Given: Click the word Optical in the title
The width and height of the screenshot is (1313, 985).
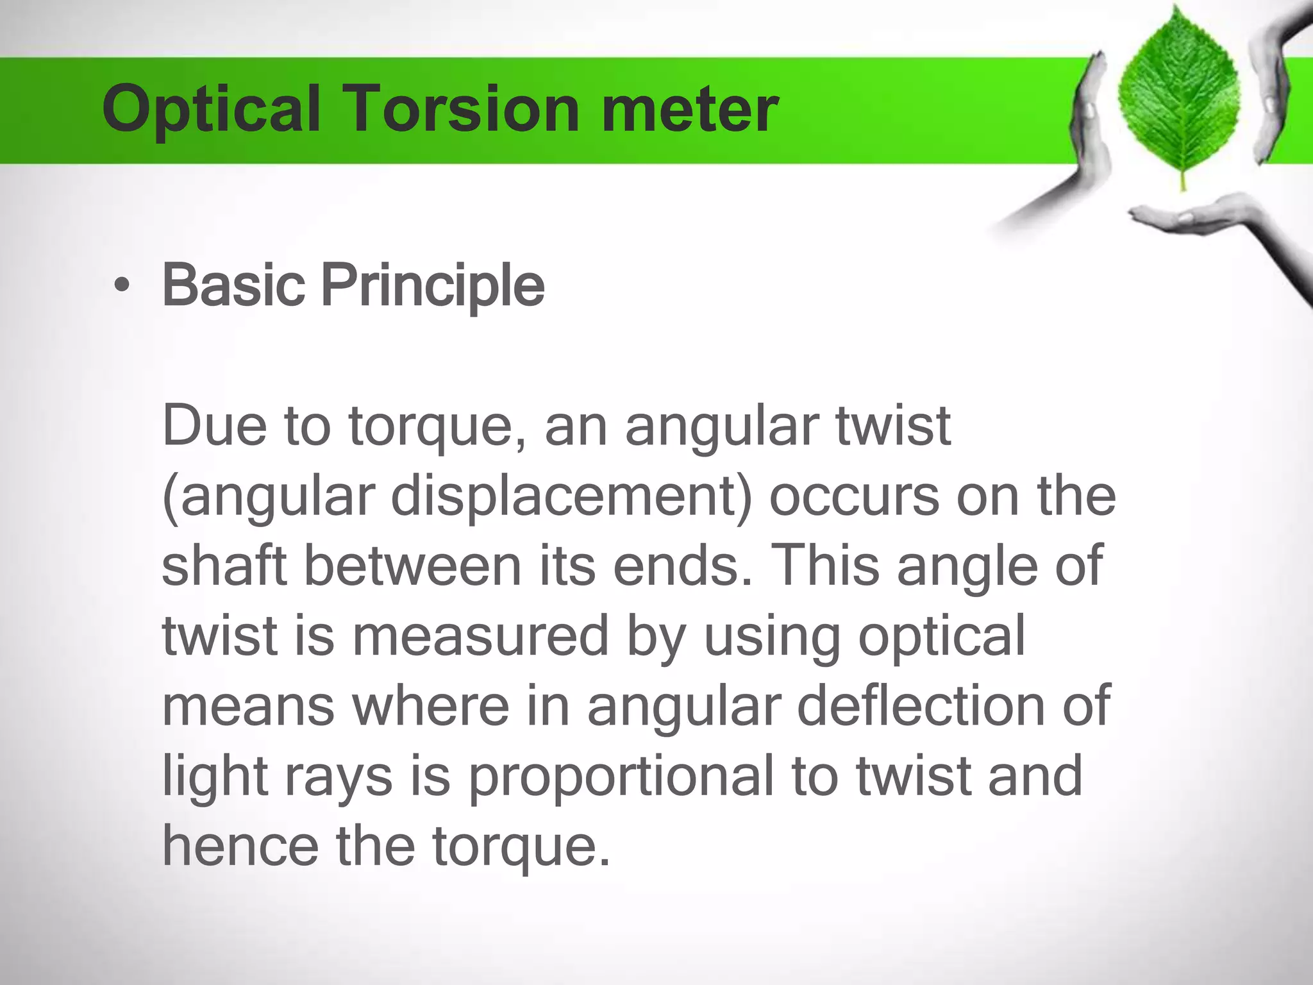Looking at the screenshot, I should click(211, 110).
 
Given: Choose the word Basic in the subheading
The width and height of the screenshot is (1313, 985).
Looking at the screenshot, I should click(233, 285).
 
